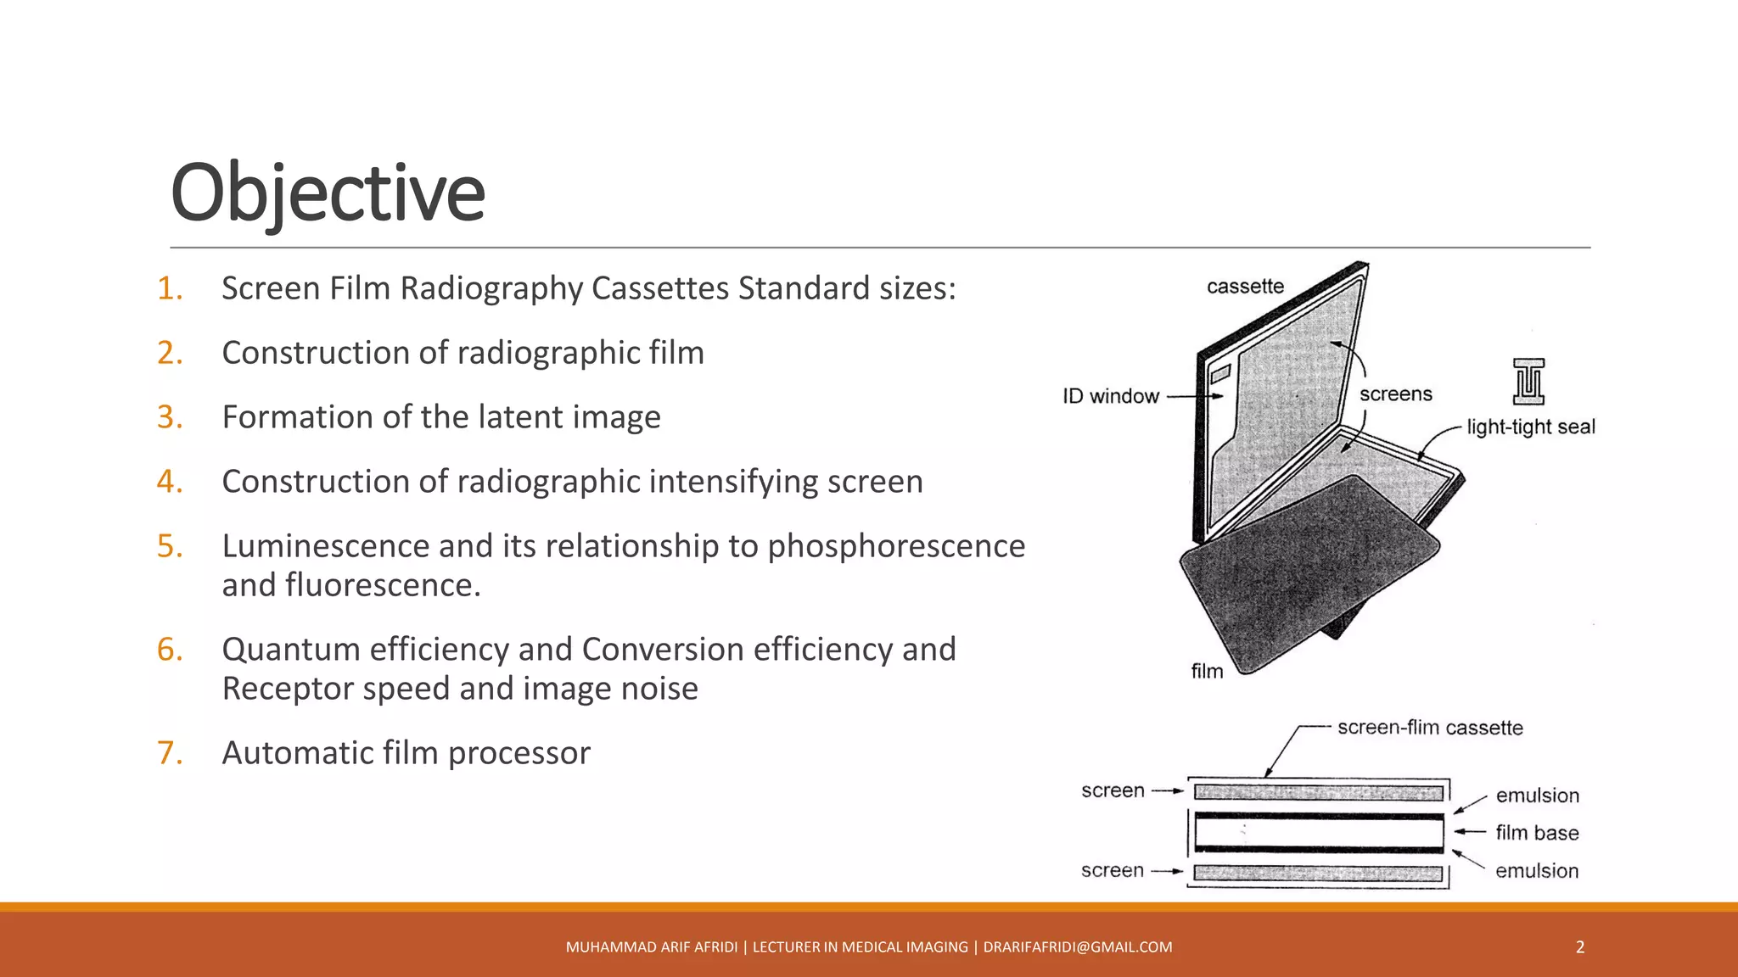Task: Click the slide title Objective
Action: (x=328, y=193)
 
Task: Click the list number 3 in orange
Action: (x=170, y=417)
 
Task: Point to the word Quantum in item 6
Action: (x=290, y=650)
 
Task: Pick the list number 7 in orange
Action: (x=170, y=753)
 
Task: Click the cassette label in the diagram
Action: (x=1245, y=287)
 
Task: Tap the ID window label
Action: (x=1111, y=396)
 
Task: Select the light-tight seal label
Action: (x=1530, y=427)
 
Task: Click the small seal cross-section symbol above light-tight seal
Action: (x=1528, y=382)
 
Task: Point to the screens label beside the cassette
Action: (x=1395, y=394)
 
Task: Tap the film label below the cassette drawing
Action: (x=1207, y=671)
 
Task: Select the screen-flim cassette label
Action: (x=1430, y=728)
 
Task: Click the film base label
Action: (x=1537, y=833)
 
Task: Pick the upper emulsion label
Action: (x=1537, y=796)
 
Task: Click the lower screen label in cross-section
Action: (x=1112, y=871)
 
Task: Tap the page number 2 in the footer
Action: (x=1579, y=947)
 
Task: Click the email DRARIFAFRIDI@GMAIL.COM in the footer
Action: (x=1077, y=947)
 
